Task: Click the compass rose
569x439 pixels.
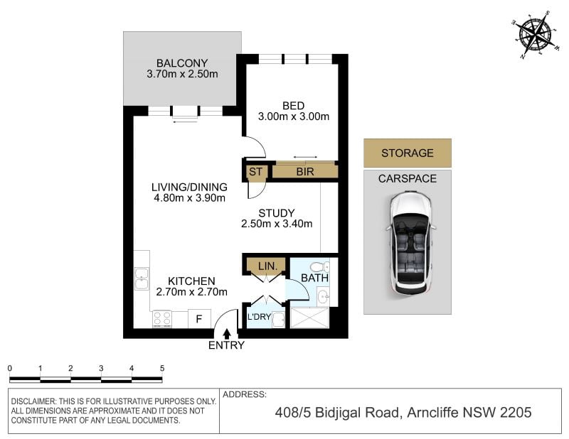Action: coord(536,35)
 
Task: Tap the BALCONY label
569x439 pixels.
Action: coord(182,63)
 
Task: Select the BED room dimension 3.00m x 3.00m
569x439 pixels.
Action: coord(294,116)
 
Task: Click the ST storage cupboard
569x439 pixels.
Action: coord(255,172)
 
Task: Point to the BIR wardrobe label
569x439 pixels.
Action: coord(305,172)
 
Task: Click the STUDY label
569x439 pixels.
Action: coord(277,213)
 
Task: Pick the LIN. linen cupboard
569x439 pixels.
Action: coord(267,266)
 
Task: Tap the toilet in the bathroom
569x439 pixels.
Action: coord(320,267)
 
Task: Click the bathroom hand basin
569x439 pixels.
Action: coord(323,297)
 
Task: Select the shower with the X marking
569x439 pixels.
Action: coord(309,318)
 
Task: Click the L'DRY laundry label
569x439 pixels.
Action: coord(259,317)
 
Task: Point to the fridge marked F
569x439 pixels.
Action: coord(199,319)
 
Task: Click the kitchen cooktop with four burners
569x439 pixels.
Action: coord(162,319)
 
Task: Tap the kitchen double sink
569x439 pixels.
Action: coord(142,278)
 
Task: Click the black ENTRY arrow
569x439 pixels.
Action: coord(227,333)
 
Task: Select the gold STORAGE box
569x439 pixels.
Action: coord(408,153)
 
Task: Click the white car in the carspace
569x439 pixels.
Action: coord(410,242)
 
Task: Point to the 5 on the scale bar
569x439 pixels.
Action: coord(162,368)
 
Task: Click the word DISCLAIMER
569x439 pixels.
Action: coord(33,401)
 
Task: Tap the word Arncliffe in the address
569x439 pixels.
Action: coord(432,413)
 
